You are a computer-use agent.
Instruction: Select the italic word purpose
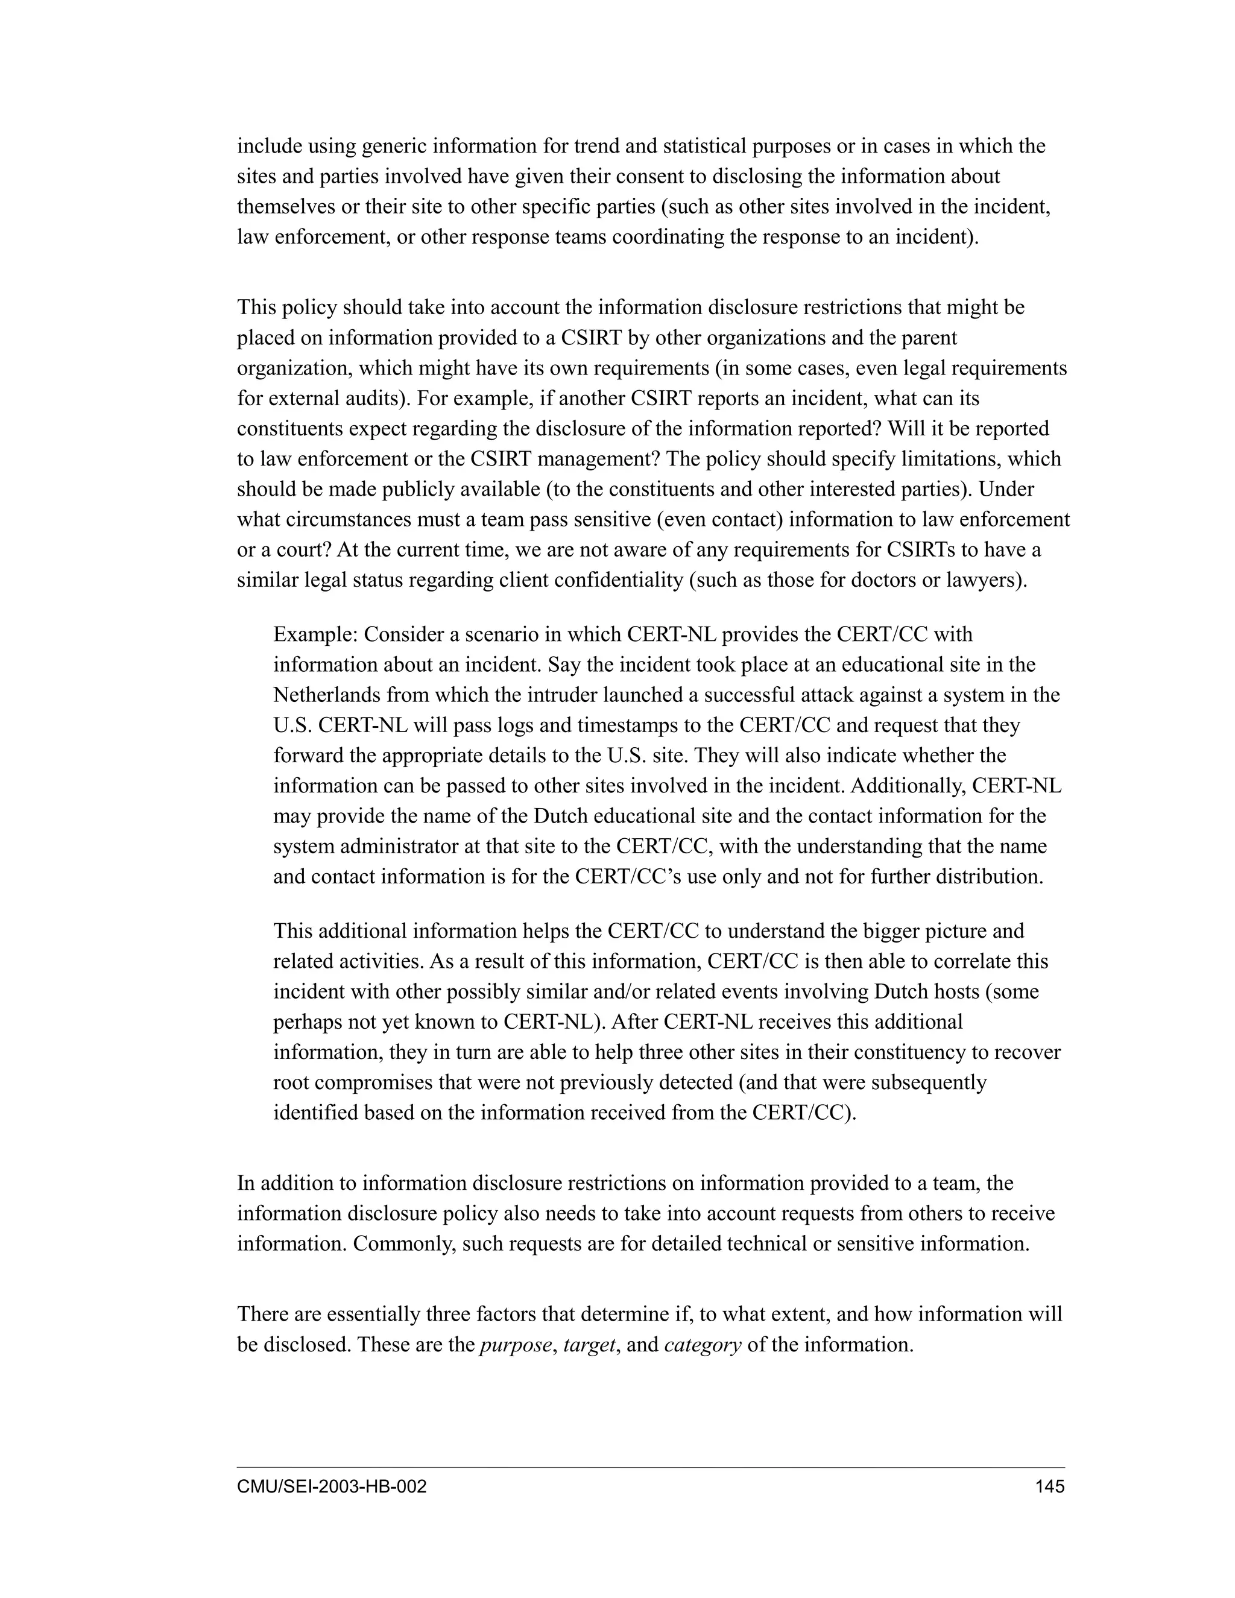click(515, 1345)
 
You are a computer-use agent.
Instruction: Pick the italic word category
click(703, 1345)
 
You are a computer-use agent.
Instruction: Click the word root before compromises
click(291, 1082)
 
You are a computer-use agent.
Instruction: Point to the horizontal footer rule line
click(651, 1467)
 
